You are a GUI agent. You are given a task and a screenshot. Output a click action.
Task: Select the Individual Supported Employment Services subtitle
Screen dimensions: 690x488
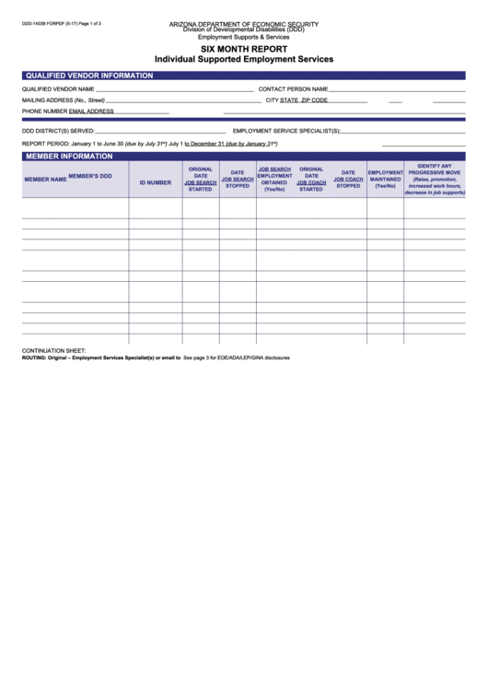coord(244,59)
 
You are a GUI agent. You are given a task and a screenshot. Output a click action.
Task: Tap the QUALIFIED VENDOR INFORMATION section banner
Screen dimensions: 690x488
coord(88,75)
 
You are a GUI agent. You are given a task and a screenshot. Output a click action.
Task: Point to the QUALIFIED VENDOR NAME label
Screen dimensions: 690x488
coord(58,89)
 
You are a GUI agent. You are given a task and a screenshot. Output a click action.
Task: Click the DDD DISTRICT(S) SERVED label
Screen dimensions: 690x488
coord(58,131)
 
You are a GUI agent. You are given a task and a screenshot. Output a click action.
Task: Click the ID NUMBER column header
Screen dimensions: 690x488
coord(155,182)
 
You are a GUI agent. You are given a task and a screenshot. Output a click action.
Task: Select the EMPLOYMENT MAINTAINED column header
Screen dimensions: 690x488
coord(385,179)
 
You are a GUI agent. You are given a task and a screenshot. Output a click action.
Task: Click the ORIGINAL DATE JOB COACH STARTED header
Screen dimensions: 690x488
coord(311,179)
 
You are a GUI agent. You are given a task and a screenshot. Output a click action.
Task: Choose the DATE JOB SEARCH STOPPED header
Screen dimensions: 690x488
coord(238,179)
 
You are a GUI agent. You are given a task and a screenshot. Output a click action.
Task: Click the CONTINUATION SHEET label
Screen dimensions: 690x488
coord(53,351)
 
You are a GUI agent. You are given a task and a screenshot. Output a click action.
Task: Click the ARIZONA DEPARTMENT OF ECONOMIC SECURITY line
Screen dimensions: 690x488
coord(243,20)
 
